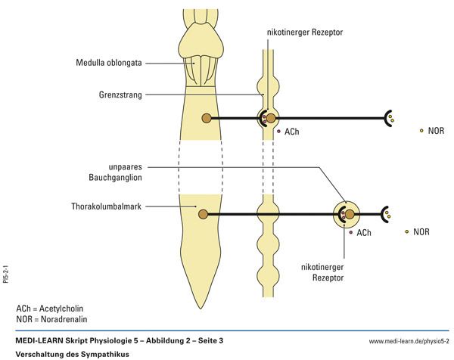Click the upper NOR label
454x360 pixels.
(436, 131)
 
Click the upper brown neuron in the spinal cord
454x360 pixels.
(207, 118)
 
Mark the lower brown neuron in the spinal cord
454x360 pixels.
(203, 215)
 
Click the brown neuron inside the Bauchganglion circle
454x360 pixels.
(350, 215)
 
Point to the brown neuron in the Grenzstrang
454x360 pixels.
(271, 118)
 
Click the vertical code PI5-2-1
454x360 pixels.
(6, 272)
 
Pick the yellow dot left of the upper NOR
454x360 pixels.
(421, 131)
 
